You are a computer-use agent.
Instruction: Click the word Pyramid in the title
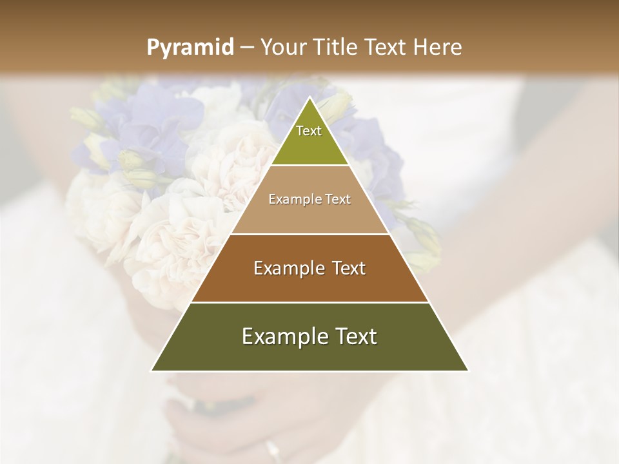[190, 48]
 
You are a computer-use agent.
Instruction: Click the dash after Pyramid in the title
[246, 48]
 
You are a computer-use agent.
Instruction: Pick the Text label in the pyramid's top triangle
[309, 131]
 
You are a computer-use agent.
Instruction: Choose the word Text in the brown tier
[348, 268]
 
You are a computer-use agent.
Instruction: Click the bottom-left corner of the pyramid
[151, 371]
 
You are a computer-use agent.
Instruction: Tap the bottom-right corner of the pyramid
[469, 371]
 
